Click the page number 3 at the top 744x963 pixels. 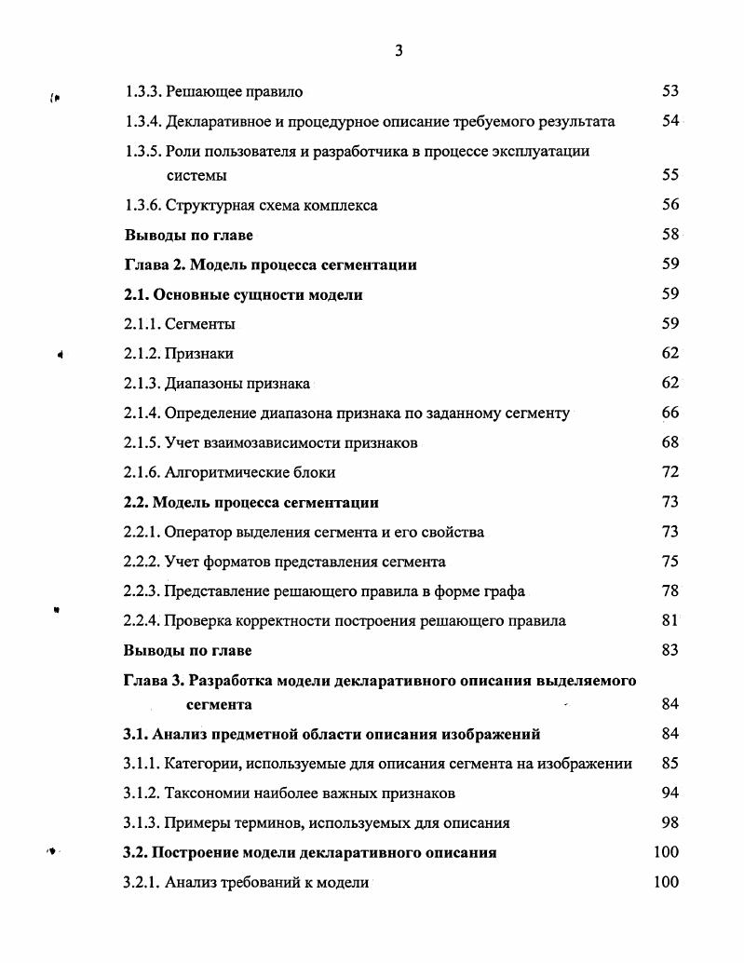pyautogui.click(x=398, y=51)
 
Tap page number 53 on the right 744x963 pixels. pyautogui.click(x=670, y=91)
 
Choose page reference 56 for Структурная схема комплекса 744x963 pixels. pyautogui.click(x=670, y=205)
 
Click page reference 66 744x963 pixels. pyautogui.click(x=670, y=413)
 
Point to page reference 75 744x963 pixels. pyautogui.click(x=670, y=562)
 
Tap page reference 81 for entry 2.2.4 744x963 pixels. pyautogui.click(x=670, y=620)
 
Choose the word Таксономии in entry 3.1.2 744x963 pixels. pyautogui.click(x=207, y=793)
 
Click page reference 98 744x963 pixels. pyautogui.click(x=670, y=822)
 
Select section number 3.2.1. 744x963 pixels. pyautogui.click(x=142, y=882)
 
